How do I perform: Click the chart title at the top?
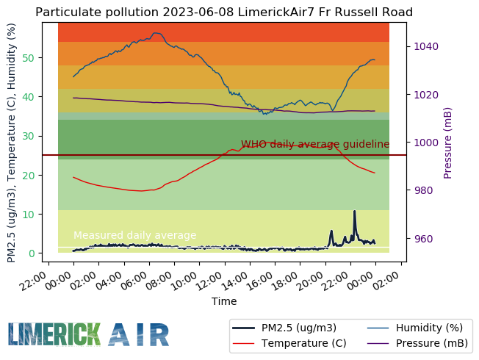point(224,12)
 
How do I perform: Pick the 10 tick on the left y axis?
point(29,215)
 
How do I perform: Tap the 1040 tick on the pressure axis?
point(426,46)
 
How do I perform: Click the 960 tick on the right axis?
point(423,239)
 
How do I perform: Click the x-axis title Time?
point(224,301)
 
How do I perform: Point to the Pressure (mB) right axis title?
point(448,143)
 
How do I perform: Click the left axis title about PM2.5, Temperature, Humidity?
point(11,143)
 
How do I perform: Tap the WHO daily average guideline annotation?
point(315,144)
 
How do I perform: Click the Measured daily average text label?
point(135,235)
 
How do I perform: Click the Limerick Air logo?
point(89,334)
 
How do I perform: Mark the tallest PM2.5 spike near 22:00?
point(354,212)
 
